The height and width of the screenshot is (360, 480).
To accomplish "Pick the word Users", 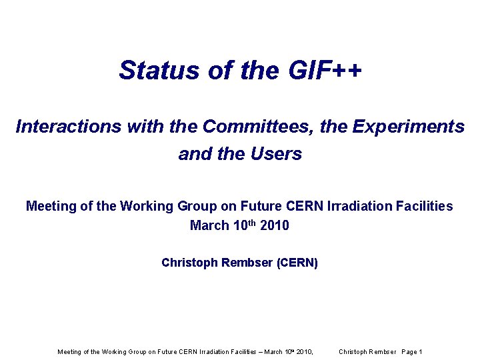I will click(277, 154).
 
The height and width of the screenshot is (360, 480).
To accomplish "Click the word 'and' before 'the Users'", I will click(193, 154).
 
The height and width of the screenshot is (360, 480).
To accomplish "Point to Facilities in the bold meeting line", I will click(425, 207).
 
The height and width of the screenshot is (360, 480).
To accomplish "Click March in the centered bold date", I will click(208, 226).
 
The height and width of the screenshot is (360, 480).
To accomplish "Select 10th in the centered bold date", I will click(243, 225).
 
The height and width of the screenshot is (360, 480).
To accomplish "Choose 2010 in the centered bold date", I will click(275, 226).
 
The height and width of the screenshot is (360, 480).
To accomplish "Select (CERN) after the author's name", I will click(297, 263).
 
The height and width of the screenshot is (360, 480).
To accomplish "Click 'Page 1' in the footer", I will click(411, 352).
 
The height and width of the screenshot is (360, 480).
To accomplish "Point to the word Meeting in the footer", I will click(69, 352).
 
